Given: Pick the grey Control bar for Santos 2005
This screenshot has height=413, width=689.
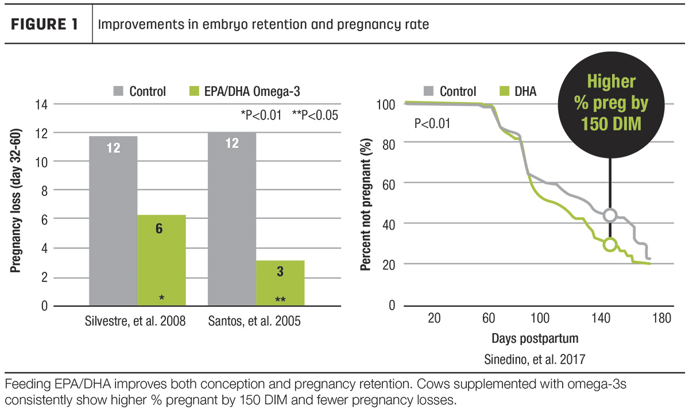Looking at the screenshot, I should click(231, 218).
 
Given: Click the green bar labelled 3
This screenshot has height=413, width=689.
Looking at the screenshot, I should click(280, 282).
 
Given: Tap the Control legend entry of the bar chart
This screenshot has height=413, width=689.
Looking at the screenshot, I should click(139, 91).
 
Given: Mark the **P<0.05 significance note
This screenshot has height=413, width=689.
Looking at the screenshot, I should click(315, 115).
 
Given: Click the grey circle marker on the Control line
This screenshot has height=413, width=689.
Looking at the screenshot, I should click(610, 215).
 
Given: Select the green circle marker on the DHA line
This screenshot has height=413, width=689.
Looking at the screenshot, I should click(610, 245).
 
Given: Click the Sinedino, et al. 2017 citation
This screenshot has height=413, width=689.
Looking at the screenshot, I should click(535, 360).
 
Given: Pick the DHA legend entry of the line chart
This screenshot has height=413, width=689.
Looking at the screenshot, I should click(518, 91).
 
